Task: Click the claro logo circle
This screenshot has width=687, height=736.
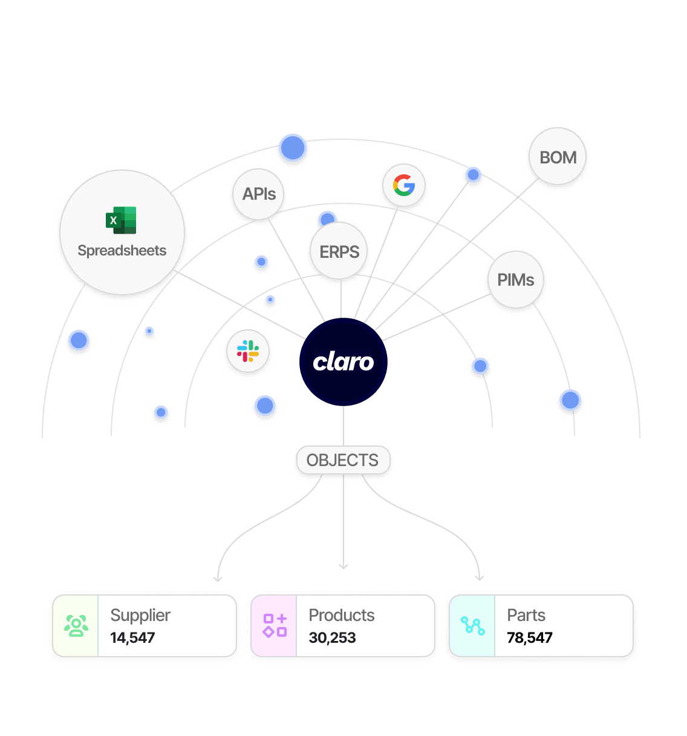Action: pos(344,362)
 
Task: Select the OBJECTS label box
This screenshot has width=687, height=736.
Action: pos(343,461)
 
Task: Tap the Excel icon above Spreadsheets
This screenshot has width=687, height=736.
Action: pos(121,220)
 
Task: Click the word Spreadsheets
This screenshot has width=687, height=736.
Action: pos(122,251)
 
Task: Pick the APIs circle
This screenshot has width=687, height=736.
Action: pos(259,194)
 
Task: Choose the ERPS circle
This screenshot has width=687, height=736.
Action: pos(339,252)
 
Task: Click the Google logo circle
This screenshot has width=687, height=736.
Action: pos(404,185)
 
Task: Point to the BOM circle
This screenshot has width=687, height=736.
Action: pos(558,157)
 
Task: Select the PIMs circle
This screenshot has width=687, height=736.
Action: pos(516,280)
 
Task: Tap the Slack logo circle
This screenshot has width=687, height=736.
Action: pos(248,352)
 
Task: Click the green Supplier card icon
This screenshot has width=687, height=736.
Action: pos(76,626)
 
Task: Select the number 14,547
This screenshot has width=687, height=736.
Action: pos(133,637)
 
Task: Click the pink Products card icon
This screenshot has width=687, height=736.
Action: pos(274,626)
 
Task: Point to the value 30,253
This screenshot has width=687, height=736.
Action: pos(332,637)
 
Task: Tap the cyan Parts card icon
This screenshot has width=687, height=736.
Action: pos(472,626)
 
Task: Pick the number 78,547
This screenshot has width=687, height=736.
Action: pos(530,637)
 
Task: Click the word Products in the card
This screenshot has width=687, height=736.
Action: pos(342,616)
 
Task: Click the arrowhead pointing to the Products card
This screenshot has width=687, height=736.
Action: pos(344,567)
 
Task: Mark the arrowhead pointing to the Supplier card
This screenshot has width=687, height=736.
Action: pos(218,579)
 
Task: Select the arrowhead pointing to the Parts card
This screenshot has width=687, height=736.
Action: pos(480,577)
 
